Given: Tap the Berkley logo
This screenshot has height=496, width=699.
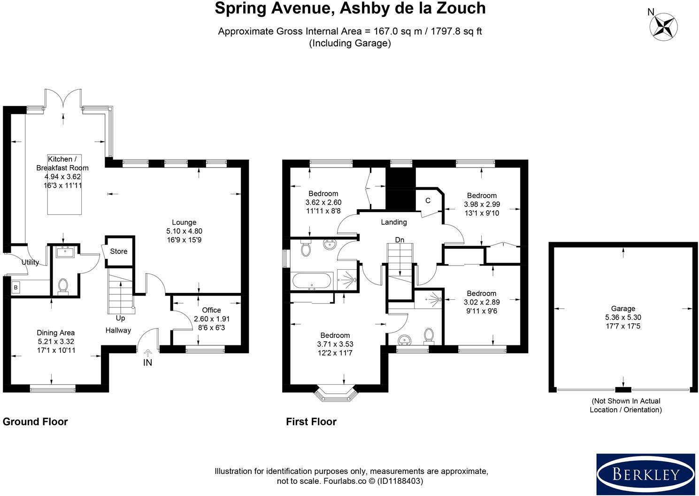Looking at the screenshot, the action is [646, 474].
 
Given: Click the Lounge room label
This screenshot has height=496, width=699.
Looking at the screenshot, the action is [184, 222].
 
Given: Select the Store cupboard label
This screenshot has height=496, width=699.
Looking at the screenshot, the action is [119, 251].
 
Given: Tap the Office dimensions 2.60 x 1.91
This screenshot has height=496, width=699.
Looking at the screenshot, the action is [212, 319].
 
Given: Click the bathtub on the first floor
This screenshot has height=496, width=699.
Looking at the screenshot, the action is [311, 281].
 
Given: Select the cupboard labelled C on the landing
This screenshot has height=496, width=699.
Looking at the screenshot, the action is [428, 200].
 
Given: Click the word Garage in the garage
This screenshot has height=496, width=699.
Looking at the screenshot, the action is [623, 309].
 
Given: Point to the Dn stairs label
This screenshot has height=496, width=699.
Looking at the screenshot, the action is [400, 240].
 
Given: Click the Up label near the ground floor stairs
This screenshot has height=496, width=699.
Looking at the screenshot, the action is [120, 318].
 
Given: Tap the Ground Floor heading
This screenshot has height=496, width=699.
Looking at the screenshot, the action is [35, 422].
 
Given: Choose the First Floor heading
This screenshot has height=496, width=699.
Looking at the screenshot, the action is [311, 422].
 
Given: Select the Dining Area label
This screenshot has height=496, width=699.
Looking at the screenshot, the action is [55, 333].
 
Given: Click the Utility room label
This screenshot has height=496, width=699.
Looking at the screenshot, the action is [30, 262].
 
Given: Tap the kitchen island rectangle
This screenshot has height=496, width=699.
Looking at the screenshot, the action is [64, 184].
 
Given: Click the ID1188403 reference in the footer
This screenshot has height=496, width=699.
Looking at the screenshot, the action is [400, 481].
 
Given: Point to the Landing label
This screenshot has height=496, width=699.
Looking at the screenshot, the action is [394, 222].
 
